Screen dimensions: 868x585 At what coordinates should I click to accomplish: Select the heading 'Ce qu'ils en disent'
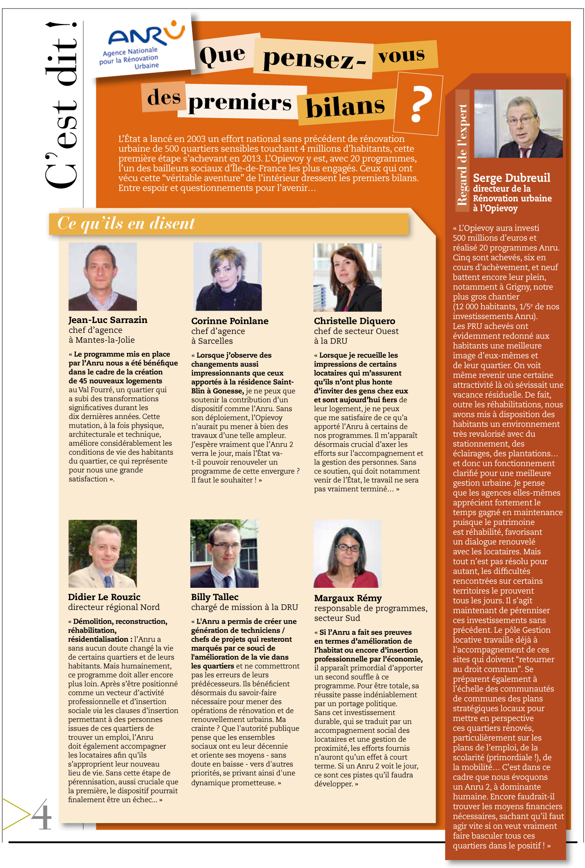click(x=126, y=223)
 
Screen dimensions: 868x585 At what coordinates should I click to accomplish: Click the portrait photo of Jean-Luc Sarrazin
click(x=103, y=276)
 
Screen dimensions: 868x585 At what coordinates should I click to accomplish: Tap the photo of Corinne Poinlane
click(x=227, y=276)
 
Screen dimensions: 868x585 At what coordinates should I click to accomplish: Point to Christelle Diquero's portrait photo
click(x=347, y=277)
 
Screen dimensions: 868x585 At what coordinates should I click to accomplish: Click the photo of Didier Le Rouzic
click(x=103, y=554)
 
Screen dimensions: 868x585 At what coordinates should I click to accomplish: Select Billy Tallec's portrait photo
click(x=224, y=553)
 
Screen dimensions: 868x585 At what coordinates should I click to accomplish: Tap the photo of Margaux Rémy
click(x=347, y=554)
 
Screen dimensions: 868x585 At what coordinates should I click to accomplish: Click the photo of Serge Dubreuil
click(x=518, y=124)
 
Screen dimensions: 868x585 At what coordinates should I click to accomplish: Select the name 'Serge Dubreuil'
click(x=511, y=178)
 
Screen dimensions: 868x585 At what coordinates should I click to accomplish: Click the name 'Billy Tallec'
click(x=215, y=597)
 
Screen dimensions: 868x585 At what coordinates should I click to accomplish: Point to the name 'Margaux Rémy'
click(x=348, y=598)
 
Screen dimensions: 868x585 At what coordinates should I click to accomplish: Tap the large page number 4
click(x=42, y=815)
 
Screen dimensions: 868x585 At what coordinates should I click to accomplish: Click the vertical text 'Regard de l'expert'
click(x=462, y=154)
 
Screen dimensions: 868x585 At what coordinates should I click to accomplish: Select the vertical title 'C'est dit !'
click(x=62, y=105)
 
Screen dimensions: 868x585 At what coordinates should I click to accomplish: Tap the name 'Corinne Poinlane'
click(x=230, y=321)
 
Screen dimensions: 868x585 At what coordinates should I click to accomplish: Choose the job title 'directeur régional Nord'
click(x=114, y=607)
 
